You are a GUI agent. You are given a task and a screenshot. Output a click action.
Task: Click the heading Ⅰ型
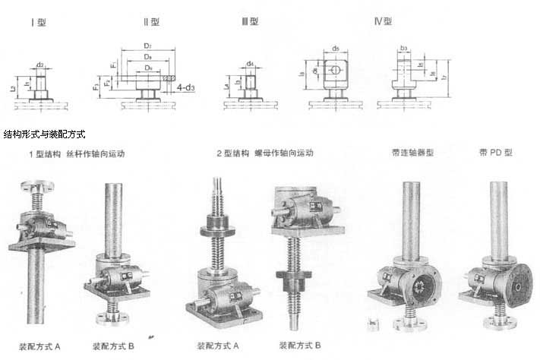(38, 23)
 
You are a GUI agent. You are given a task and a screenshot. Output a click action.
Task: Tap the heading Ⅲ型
(251, 23)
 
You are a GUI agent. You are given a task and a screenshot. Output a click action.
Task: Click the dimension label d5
(335, 49)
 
